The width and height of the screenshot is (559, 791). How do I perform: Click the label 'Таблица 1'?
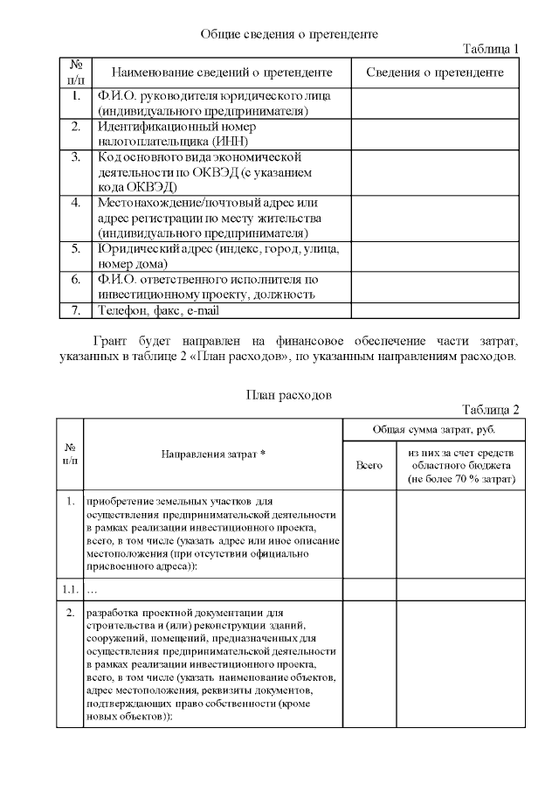(490, 49)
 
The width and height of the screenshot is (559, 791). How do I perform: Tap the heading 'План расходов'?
(287, 394)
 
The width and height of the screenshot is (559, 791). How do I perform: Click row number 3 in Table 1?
(76, 157)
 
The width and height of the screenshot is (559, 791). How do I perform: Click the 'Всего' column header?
(369, 467)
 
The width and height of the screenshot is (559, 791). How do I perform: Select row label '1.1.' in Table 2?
(70, 591)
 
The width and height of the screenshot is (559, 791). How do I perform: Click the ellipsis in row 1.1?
(93, 592)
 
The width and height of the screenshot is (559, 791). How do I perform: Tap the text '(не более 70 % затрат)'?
(460, 479)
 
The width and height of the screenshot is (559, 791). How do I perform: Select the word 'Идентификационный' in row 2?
(157, 127)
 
